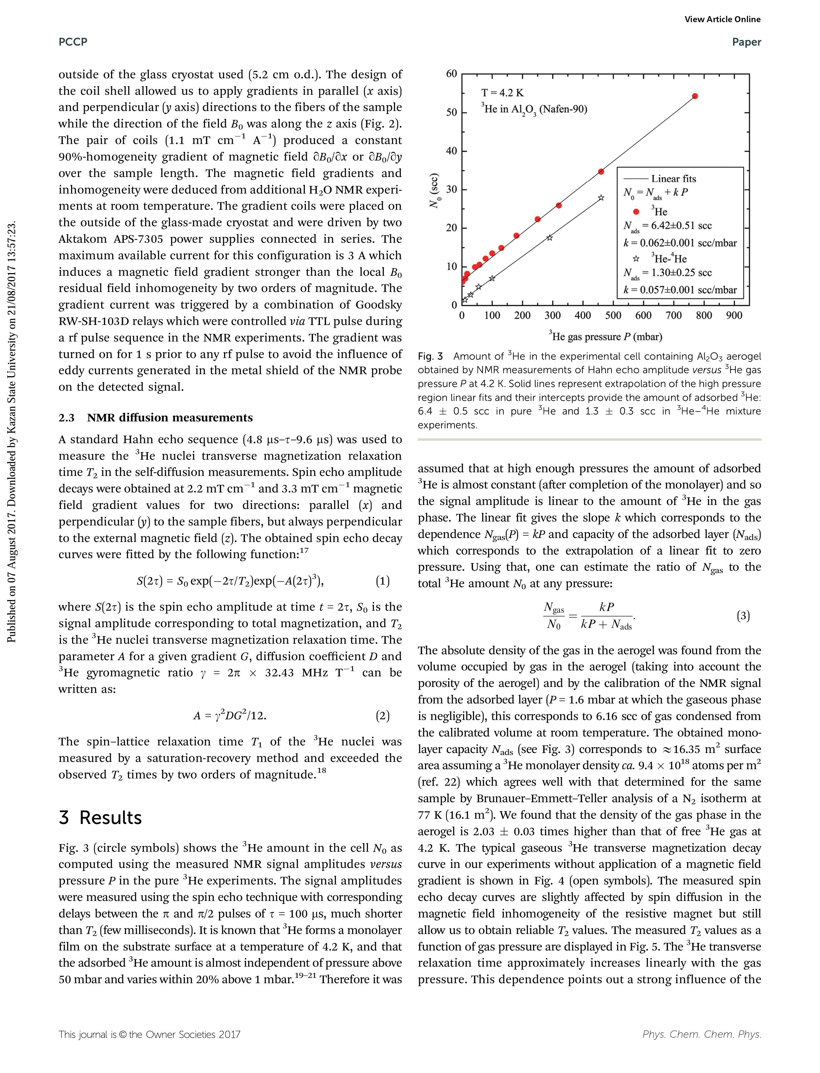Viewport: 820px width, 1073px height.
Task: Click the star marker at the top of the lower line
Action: click(x=601, y=197)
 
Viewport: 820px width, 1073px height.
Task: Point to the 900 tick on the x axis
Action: click(x=734, y=316)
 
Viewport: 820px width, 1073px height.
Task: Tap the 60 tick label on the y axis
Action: click(x=451, y=74)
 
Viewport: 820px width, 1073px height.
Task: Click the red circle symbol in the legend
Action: click(x=636, y=212)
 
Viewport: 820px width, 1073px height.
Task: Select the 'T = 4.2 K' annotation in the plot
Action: click(x=502, y=93)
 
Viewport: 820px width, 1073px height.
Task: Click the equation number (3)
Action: click(x=743, y=616)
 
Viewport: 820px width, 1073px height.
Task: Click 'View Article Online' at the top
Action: click(x=722, y=19)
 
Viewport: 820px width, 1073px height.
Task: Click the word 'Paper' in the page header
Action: click(x=746, y=42)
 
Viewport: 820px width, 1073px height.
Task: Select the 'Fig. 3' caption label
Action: click(x=430, y=357)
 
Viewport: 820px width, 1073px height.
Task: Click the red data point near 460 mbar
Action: click(x=601, y=172)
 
